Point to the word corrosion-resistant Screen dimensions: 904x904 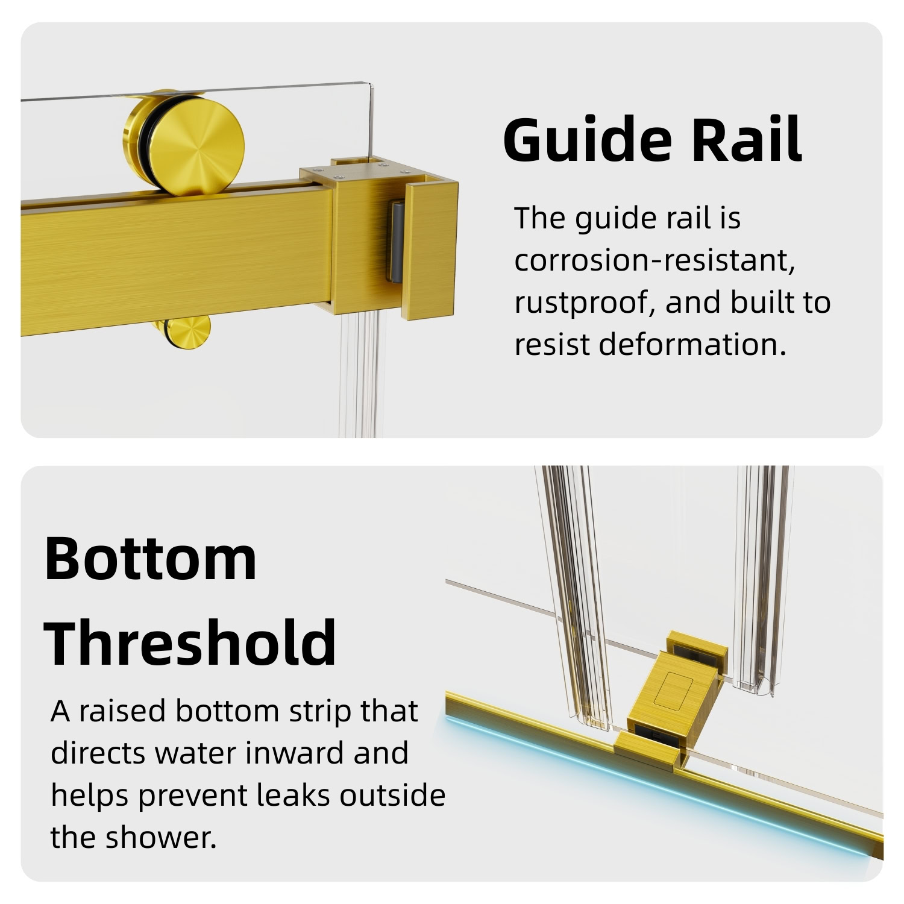(x=654, y=260)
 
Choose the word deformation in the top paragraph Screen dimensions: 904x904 (x=693, y=344)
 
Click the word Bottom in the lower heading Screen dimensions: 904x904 (x=151, y=558)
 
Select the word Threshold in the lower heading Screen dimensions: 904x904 (x=190, y=641)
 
